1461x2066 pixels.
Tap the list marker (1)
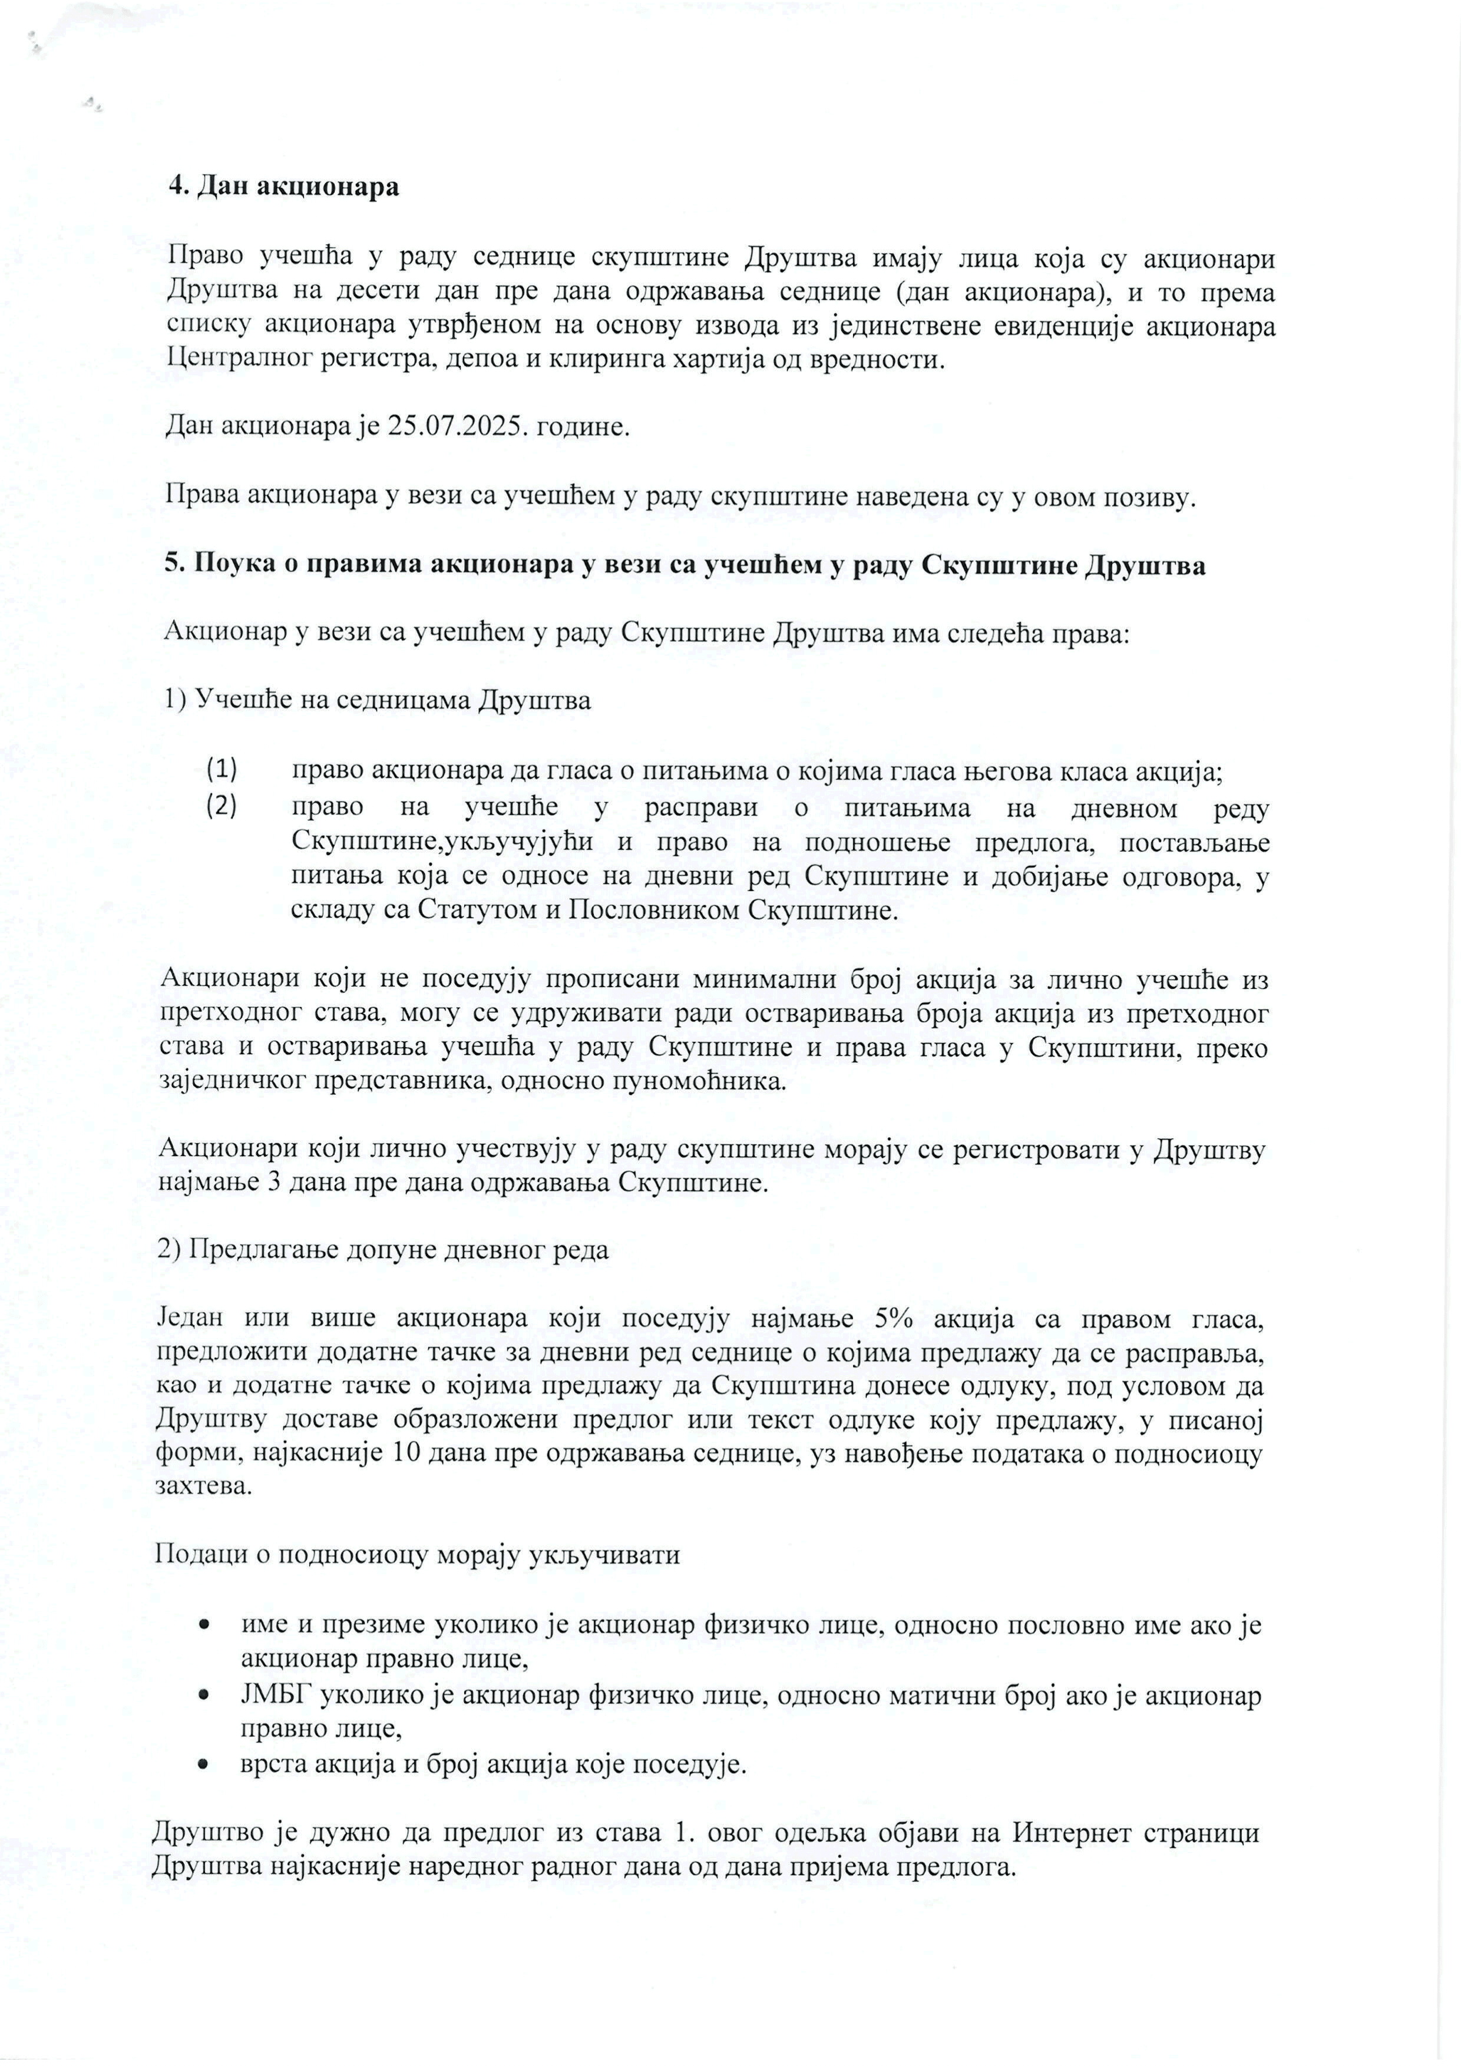pyautogui.click(x=222, y=769)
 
